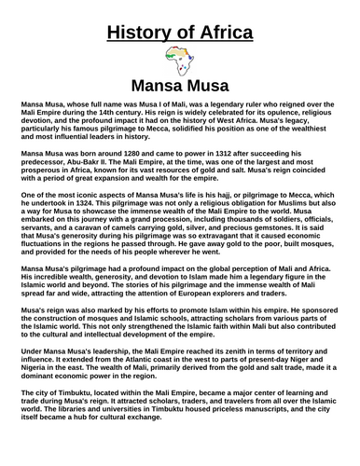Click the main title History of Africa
click(x=180, y=34)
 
